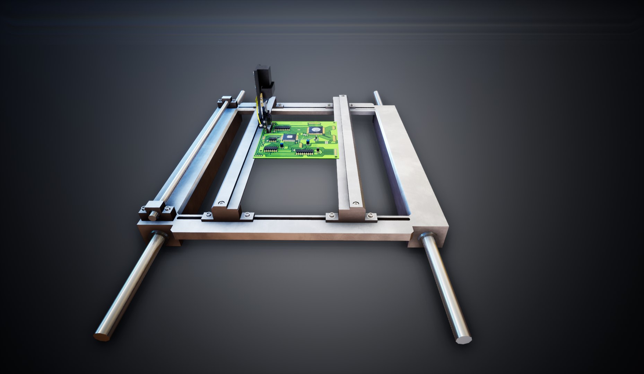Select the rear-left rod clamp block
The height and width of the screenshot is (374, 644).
227,100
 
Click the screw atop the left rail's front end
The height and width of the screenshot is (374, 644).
220,202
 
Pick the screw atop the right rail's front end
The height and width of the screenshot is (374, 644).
355,203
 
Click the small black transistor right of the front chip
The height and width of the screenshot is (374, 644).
317,150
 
